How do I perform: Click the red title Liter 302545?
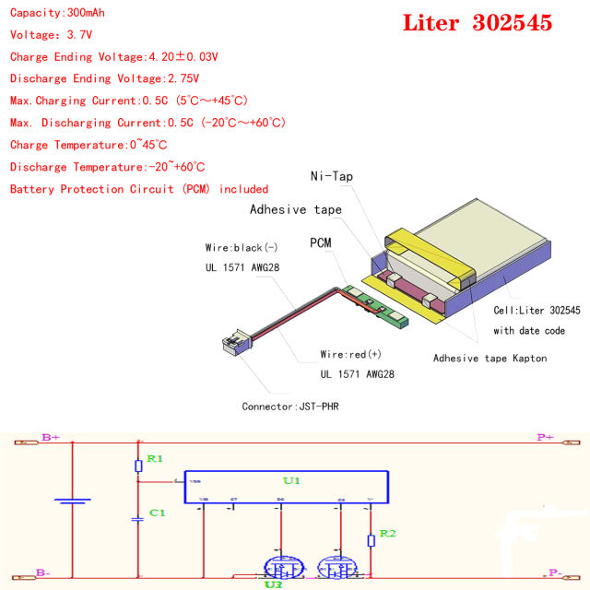tap(477, 23)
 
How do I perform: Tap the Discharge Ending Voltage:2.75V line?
tap(104, 78)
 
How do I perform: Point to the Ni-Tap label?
tap(330, 176)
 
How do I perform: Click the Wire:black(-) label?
tap(242, 247)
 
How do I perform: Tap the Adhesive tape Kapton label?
tap(490, 358)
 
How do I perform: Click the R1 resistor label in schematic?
tap(155, 458)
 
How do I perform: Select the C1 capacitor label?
tap(157, 512)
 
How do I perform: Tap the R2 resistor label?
tap(387, 534)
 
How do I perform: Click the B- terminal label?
tap(42, 572)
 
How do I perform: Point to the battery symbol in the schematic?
tap(72, 502)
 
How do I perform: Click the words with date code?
tap(528, 330)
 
